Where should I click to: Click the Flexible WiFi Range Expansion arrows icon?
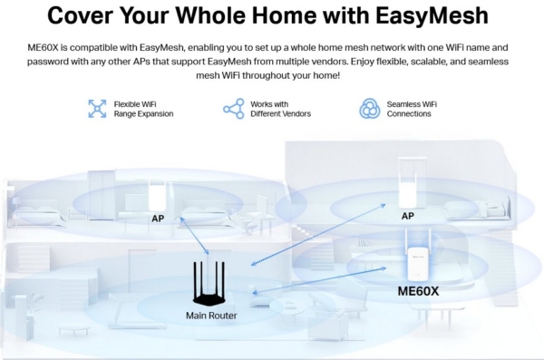point(96,109)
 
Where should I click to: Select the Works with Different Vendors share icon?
point(233,109)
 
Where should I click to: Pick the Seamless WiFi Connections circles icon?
point(370,109)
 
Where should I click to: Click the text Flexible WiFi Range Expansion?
point(143,109)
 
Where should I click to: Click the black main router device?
point(210,283)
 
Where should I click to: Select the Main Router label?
point(210,316)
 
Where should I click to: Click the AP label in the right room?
point(407,217)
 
